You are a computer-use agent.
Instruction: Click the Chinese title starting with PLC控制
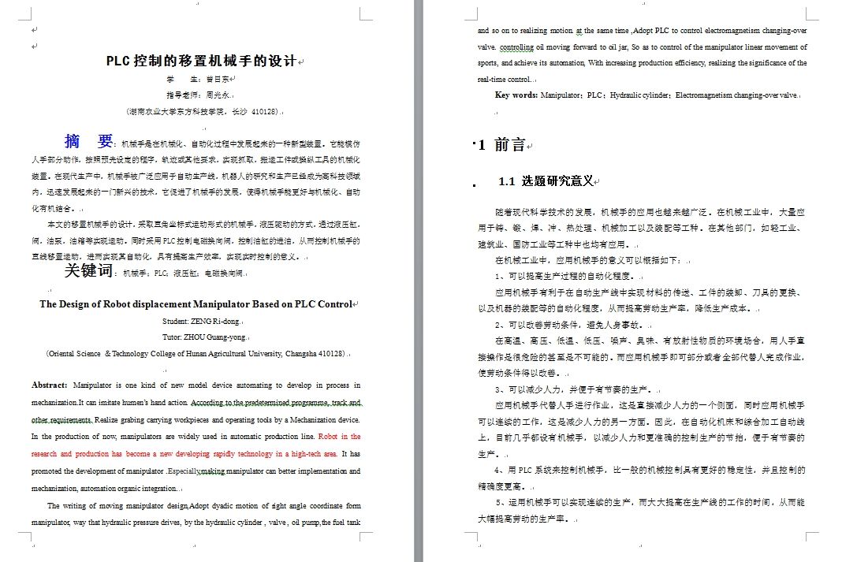201,61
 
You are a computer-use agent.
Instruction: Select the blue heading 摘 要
89,142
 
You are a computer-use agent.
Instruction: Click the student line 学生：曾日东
200,80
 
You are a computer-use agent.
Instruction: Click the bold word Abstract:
49,385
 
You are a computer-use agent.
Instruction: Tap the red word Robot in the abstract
329,436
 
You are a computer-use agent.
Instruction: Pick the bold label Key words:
516,95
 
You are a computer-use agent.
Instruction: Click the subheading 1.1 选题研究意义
546,181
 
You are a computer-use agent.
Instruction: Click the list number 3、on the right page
501,389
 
